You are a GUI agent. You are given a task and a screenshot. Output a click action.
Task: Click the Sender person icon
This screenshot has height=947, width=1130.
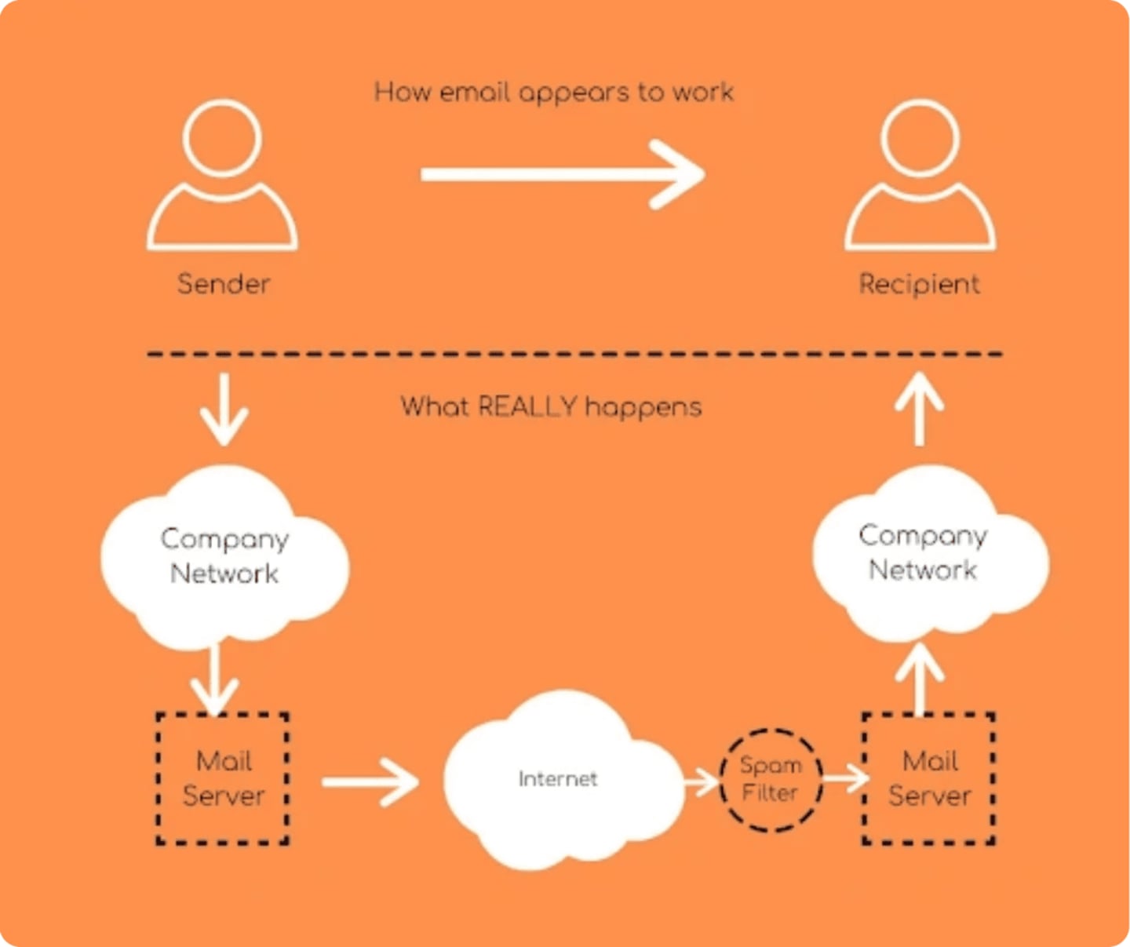(222, 176)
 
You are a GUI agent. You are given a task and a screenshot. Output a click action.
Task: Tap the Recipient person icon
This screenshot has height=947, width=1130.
(920, 176)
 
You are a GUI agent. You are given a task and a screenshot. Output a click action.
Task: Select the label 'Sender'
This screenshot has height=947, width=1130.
(224, 284)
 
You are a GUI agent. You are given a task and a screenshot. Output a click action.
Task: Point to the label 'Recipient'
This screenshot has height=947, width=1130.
(919, 284)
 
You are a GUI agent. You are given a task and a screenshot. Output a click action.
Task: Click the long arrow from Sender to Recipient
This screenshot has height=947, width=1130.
(562, 174)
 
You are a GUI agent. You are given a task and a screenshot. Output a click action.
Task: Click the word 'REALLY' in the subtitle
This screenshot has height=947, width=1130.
(527, 406)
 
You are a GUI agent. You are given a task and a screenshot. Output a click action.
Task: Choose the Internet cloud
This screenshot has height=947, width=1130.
(559, 779)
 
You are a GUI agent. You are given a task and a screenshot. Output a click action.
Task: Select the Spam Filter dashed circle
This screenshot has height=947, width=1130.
(771, 779)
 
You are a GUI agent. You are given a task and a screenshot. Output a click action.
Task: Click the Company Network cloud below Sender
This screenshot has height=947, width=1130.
(224, 556)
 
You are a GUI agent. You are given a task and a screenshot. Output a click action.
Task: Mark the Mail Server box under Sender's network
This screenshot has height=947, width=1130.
(223, 778)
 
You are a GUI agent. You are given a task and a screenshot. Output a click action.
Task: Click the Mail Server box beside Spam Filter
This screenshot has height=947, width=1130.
(929, 778)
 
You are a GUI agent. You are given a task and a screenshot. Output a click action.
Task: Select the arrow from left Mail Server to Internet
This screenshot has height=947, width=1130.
(370, 781)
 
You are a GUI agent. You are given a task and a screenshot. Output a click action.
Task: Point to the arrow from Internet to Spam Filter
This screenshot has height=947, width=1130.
(701, 781)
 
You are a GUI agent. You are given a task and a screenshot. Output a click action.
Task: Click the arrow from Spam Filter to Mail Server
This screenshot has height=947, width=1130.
(844, 778)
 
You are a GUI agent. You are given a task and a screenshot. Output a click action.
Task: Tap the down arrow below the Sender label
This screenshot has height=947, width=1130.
(224, 409)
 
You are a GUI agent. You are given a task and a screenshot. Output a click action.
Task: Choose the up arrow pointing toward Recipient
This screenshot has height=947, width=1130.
(919, 409)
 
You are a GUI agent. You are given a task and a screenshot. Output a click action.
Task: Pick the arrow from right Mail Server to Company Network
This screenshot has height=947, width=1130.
(919, 679)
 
